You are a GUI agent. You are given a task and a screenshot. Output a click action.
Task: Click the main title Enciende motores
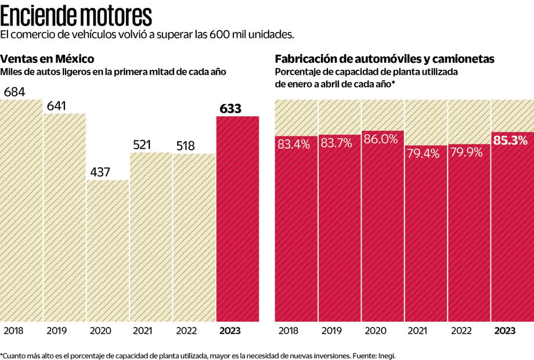click(77, 14)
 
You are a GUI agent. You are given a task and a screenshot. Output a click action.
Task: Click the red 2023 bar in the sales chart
click(237, 221)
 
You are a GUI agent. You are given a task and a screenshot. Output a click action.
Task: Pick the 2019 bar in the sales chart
click(65, 221)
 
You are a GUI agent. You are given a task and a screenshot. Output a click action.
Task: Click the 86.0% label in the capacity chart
click(382, 139)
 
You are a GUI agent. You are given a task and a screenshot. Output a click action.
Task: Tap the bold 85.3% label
click(511, 140)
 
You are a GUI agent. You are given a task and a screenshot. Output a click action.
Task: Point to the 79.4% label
click(425, 154)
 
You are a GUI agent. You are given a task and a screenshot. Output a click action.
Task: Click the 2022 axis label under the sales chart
click(186, 330)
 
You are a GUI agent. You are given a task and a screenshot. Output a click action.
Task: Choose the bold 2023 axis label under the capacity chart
click(504, 330)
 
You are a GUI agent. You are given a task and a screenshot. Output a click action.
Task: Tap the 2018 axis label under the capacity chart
click(288, 330)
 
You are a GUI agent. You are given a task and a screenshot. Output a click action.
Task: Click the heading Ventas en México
click(47, 59)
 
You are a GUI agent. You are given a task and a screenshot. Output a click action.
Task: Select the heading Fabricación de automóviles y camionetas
click(384, 59)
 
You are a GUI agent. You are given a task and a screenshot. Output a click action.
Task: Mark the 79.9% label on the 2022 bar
click(468, 154)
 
